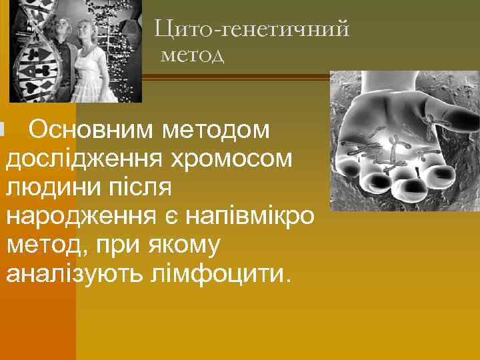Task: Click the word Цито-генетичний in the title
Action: point(252,30)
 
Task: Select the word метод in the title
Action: point(192,55)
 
